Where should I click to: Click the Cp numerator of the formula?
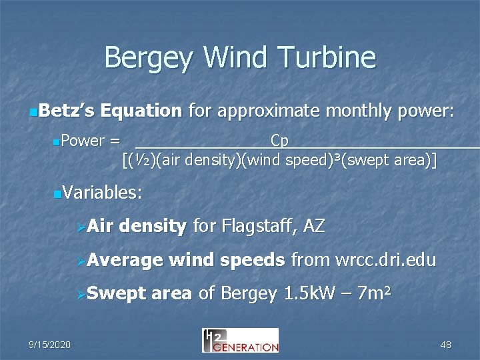279,141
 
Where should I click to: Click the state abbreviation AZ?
313,227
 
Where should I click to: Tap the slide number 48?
446,344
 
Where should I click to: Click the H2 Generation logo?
240,340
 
